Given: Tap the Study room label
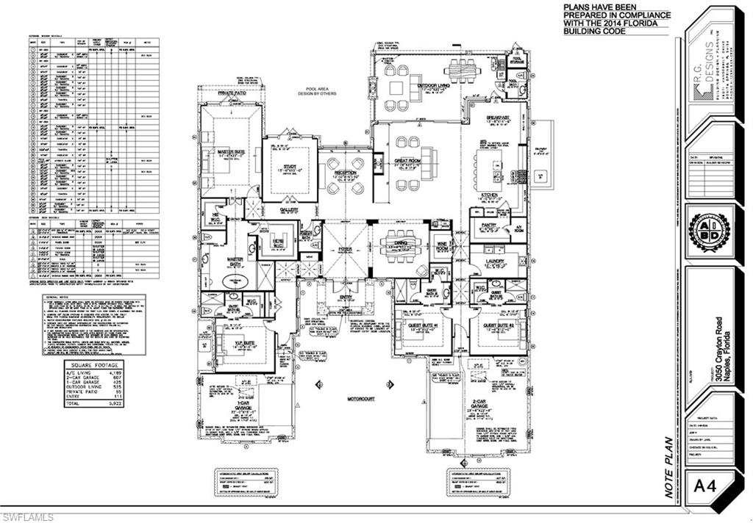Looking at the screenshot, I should pyautogui.click(x=290, y=167).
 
